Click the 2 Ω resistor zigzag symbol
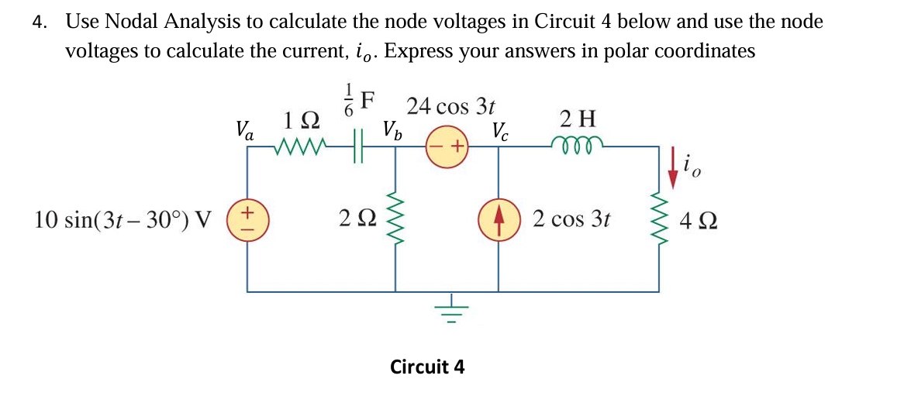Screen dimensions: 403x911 396,219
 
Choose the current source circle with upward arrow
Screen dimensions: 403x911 498,219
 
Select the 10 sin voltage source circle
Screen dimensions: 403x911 247,219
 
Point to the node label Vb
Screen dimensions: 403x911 393,129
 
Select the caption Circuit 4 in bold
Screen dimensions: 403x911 427,366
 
